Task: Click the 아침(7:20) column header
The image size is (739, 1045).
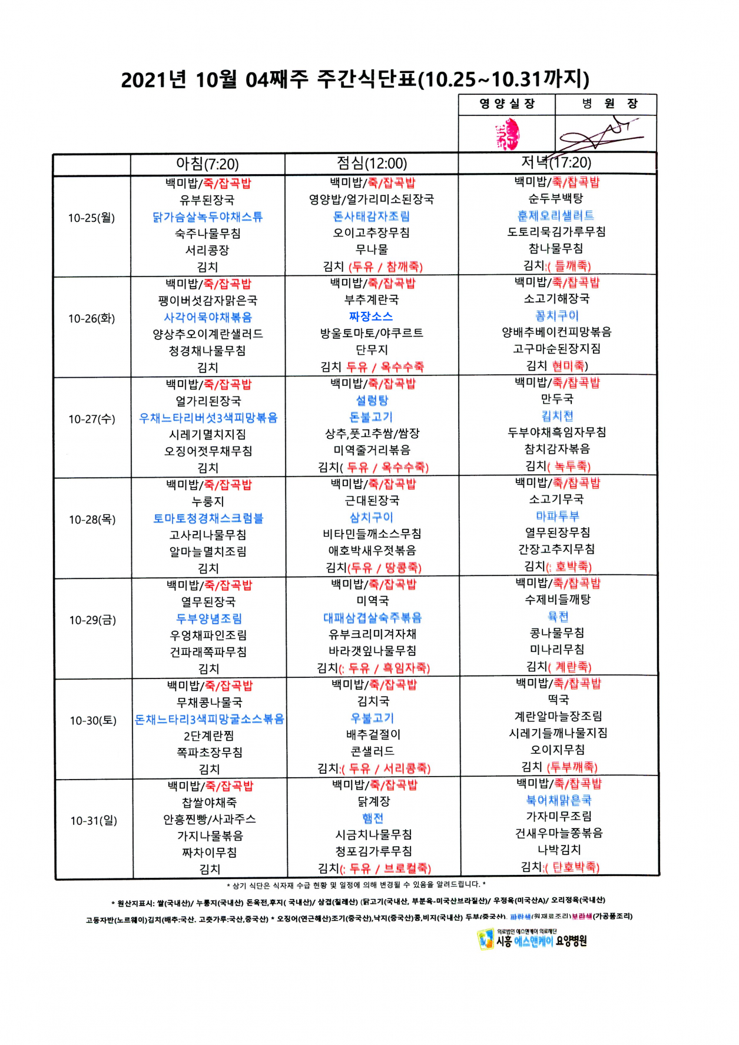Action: [x=207, y=164]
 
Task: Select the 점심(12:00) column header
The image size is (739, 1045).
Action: [x=372, y=163]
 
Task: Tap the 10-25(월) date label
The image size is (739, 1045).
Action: [x=91, y=218]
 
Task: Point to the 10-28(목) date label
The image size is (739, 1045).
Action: [x=92, y=520]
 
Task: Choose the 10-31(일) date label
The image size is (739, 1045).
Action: [x=94, y=820]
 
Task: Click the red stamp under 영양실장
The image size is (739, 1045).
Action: [x=508, y=134]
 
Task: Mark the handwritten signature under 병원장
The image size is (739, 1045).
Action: [x=601, y=135]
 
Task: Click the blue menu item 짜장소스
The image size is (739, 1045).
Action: [x=371, y=317]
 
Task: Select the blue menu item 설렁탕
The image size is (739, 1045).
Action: [x=372, y=400]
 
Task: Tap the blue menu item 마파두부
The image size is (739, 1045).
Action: [x=557, y=516]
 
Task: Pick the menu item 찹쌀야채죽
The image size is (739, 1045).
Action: [x=209, y=802]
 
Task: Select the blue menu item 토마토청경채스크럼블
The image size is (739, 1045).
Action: [x=208, y=518]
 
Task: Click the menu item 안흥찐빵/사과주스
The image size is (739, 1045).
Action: [x=209, y=819]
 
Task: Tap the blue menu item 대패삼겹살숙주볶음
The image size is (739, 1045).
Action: [x=372, y=618]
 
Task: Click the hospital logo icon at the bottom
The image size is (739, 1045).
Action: [x=485, y=939]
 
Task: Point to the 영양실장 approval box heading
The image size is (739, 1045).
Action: [x=507, y=104]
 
